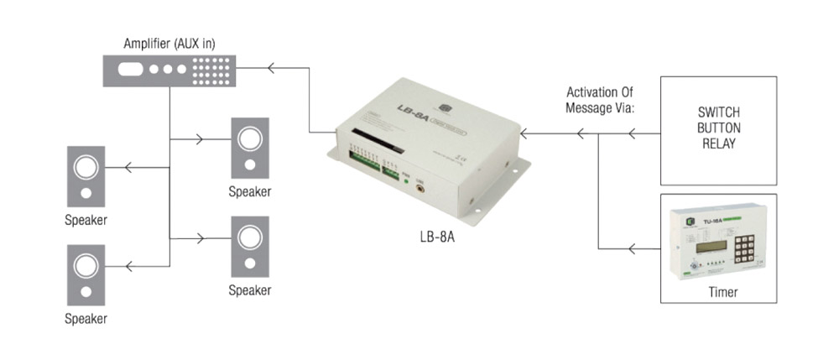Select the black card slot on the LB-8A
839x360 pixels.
(372, 139)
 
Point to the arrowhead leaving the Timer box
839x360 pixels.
(633, 248)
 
